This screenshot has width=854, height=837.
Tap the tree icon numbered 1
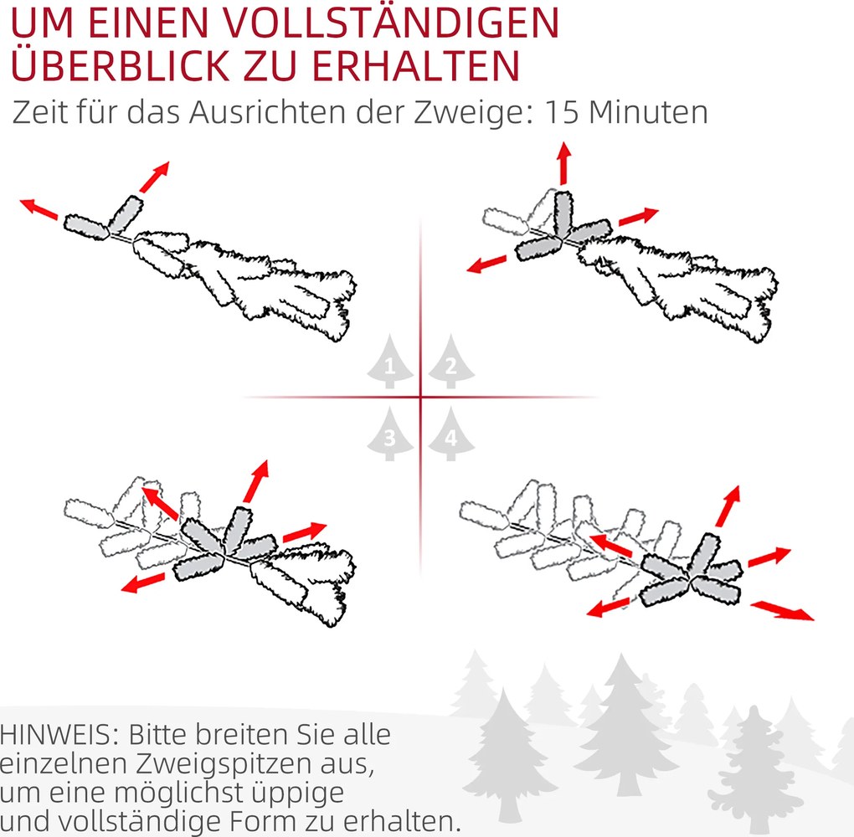(x=388, y=364)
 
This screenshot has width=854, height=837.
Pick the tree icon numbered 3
(x=388, y=434)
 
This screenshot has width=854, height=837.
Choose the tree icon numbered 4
(x=451, y=434)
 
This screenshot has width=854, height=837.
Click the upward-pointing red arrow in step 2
(x=563, y=162)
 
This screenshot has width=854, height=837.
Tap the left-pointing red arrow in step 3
(x=141, y=583)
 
